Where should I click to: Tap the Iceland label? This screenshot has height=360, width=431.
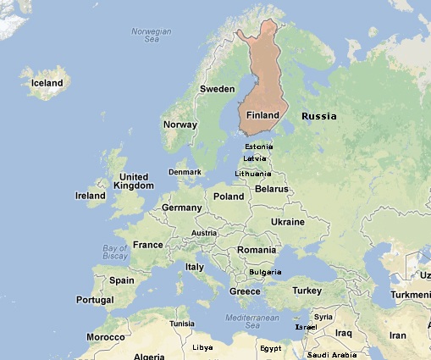point(47,83)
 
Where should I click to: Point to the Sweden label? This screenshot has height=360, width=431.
point(217,89)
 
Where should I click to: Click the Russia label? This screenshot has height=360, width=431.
point(319,116)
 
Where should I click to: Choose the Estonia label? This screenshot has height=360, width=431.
point(258,147)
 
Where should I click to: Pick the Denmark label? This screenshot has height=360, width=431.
point(185,172)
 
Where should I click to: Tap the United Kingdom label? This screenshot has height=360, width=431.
point(134,180)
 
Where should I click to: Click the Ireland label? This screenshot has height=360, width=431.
point(91,196)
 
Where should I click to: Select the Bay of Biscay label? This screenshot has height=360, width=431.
point(115,252)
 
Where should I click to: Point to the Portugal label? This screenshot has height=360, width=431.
point(95,301)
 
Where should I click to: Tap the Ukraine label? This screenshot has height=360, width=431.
point(287,222)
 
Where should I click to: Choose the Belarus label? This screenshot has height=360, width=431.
point(272,189)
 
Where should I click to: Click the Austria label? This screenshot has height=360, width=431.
point(205,233)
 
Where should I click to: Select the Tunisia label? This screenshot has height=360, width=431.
point(182,324)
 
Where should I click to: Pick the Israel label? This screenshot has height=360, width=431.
point(306,327)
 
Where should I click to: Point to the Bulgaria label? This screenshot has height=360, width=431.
point(266,272)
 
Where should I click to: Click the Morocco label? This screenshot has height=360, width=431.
point(106,336)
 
